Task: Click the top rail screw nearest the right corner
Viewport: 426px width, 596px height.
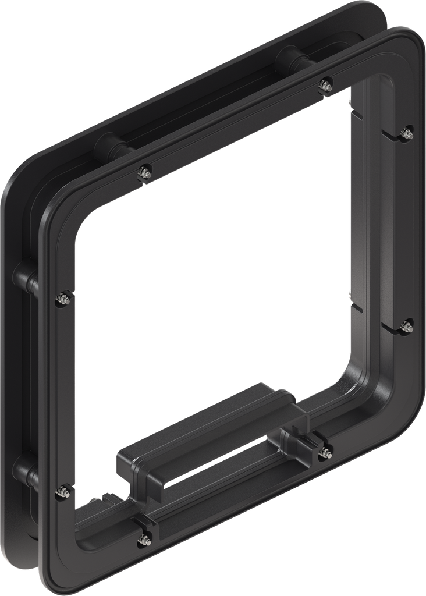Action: click(x=326, y=85)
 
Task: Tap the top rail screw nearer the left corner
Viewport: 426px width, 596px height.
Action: click(x=145, y=173)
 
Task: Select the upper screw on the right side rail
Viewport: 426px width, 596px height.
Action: click(x=407, y=133)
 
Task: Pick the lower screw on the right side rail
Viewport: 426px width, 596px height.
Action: click(x=407, y=326)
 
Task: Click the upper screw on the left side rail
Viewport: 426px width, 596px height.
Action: click(x=63, y=299)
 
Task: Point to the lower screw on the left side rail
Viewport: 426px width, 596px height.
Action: click(x=62, y=493)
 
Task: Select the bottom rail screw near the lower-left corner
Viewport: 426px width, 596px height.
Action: click(x=143, y=540)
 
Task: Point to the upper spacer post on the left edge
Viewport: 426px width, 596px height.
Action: click(x=27, y=277)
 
